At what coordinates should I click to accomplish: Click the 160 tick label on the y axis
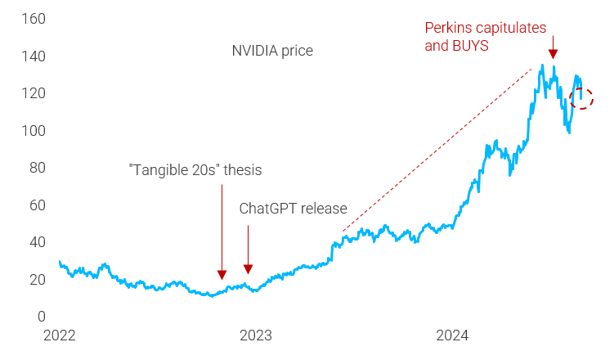click(x=35, y=19)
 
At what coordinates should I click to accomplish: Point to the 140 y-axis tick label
click(x=35, y=56)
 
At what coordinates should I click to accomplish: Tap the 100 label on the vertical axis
click(x=35, y=131)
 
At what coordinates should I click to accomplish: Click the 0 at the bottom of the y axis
click(x=42, y=317)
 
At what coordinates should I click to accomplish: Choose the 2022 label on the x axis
click(x=59, y=335)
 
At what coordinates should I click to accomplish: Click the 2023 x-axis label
click(x=255, y=335)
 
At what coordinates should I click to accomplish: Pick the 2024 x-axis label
click(x=451, y=335)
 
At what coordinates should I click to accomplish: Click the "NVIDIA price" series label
click(x=272, y=52)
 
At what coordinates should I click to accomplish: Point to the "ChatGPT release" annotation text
click(x=293, y=209)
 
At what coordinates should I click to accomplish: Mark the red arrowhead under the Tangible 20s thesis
click(x=222, y=275)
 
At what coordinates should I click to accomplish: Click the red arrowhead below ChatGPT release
click(x=248, y=269)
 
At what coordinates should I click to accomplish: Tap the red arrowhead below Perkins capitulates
click(x=553, y=53)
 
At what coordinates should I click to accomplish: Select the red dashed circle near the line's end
click(x=581, y=98)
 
